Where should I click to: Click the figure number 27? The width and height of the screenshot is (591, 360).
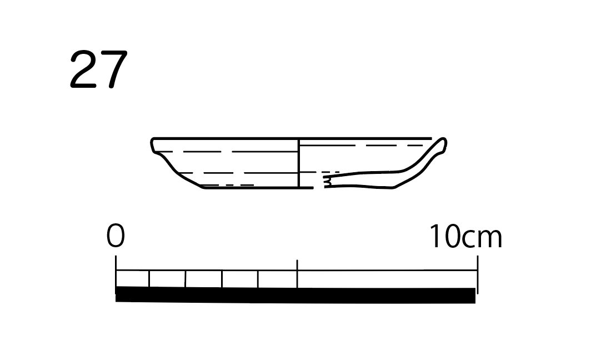99,69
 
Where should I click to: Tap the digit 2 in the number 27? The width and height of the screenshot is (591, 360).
83,69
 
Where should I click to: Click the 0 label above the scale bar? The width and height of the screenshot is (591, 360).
116,236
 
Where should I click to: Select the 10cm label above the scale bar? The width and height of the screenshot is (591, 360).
465,236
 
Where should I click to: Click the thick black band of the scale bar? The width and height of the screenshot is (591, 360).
295,295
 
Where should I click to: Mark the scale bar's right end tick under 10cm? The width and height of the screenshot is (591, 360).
478,274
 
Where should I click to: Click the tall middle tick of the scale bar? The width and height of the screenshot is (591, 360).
297,274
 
